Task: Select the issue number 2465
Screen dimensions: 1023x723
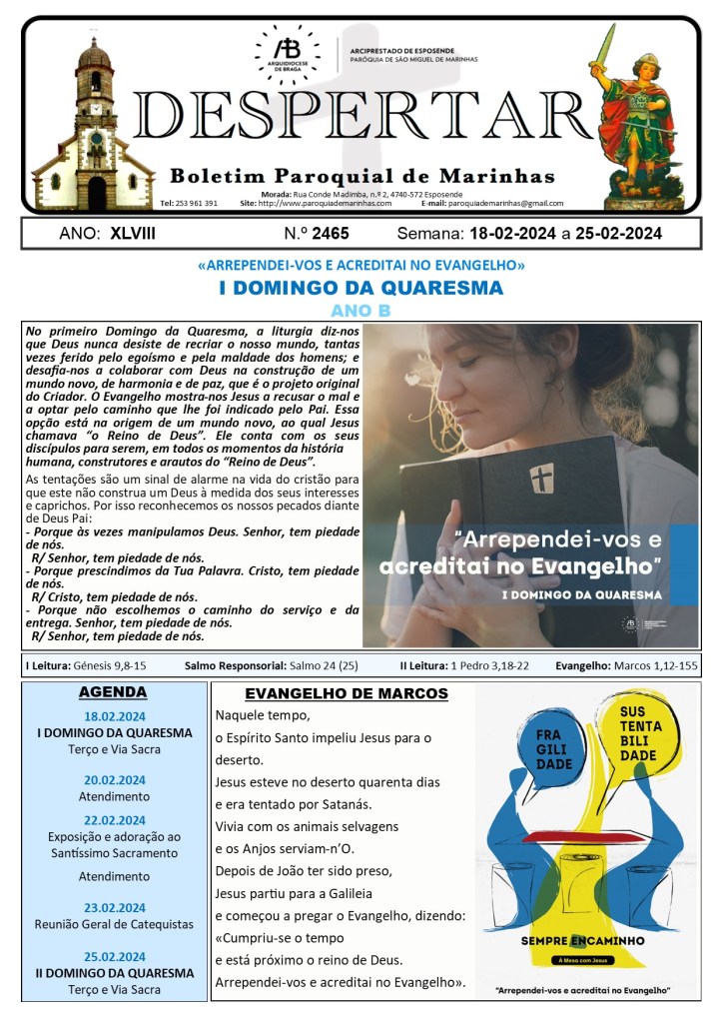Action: pyautogui.click(x=330, y=234)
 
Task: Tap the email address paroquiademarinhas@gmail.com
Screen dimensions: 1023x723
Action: pyautogui.click(x=506, y=203)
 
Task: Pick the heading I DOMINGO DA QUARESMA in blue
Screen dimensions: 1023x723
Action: pyautogui.click(x=361, y=288)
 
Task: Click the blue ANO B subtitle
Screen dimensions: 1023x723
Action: pyautogui.click(x=361, y=310)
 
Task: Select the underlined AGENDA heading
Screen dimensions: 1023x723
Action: pyautogui.click(x=113, y=691)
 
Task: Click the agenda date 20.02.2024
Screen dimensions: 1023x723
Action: pyautogui.click(x=113, y=780)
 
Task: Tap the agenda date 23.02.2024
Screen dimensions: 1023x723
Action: pyautogui.click(x=113, y=908)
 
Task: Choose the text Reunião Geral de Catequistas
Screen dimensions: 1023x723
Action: pyautogui.click(x=113, y=925)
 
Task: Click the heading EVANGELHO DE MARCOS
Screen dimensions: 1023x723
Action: pyautogui.click(x=347, y=693)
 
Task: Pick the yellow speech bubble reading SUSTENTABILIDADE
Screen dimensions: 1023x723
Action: pyautogui.click(x=638, y=733)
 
